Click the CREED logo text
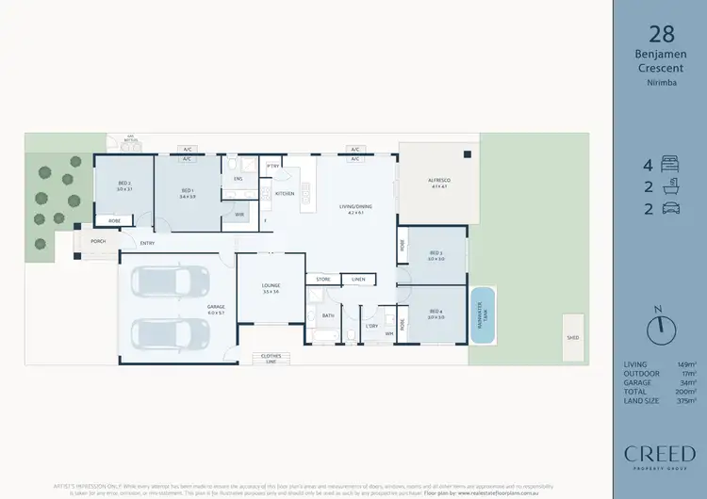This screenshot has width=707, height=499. (x=659, y=455)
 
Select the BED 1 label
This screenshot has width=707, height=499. (x=187, y=191)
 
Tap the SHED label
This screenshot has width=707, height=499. (x=572, y=336)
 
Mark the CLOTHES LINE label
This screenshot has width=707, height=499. (x=272, y=358)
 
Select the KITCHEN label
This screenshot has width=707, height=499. (x=285, y=193)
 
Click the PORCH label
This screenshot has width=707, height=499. (x=97, y=241)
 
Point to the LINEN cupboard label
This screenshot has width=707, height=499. (x=357, y=279)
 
